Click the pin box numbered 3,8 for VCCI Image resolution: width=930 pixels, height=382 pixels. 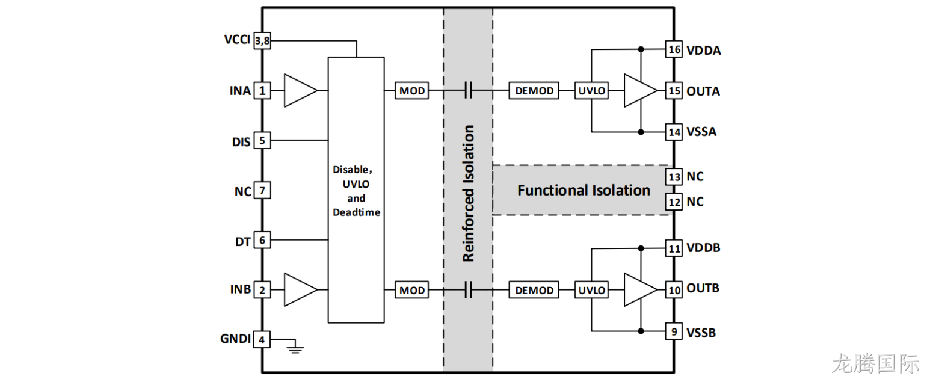click(262, 41)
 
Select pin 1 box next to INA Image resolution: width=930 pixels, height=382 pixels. click(262, 90)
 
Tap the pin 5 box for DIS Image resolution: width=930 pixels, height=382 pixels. click(262, 140)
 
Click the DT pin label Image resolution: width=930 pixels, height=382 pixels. click(243, 242)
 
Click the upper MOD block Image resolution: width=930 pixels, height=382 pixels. click(412, 90)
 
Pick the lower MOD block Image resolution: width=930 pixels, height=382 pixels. click(412, 290)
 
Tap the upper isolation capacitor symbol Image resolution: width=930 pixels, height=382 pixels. click(468, 90)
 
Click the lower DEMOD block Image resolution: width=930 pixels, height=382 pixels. click(534, 290)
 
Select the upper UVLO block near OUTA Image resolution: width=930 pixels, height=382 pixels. click(592, 90)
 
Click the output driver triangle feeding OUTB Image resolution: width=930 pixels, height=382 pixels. click(641, 290)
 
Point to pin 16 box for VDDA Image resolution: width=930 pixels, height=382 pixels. click(674, 49)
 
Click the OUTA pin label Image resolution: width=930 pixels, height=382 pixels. click(703, 91)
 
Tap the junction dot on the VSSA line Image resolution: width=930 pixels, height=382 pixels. click(641, 132)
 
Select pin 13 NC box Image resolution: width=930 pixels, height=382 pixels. click(674, 176)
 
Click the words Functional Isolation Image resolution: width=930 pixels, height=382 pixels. click(584, 190)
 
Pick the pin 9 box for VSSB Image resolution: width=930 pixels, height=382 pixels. click(674, 331)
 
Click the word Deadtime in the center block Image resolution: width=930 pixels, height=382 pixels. click(356, 212)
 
